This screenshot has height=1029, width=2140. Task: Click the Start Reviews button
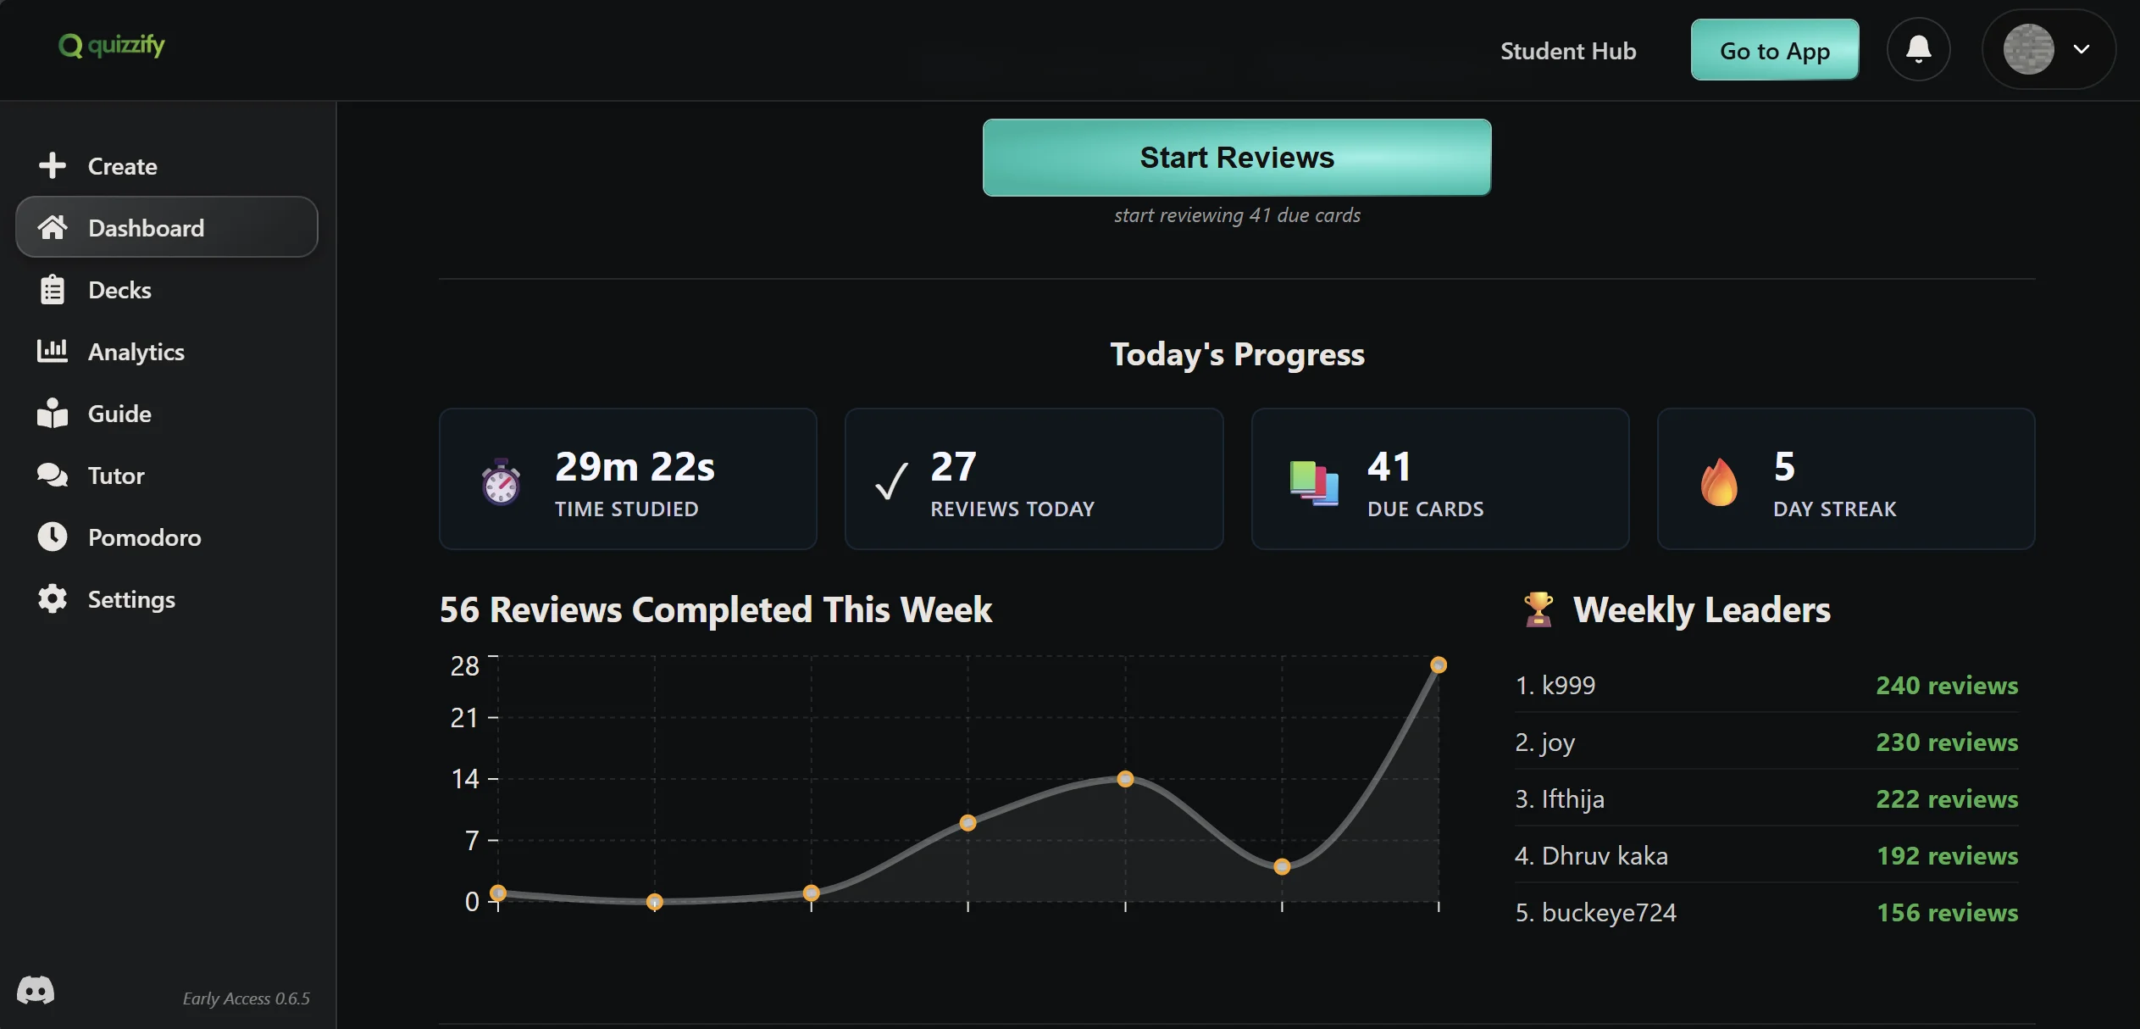(1236, 158)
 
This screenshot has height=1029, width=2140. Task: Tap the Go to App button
(1774, 50)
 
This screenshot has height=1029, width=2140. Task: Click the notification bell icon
(1918, 49)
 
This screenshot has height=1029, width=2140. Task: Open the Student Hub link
(1567, 51)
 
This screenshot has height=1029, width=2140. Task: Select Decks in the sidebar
(119, 290)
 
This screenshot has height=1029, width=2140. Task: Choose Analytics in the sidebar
(136, 352)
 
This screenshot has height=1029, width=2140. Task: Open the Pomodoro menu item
(144, 537)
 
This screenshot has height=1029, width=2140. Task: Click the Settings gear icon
(53, 599)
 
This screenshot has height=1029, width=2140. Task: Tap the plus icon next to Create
(53, 165)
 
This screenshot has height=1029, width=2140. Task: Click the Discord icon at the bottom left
(36, 989)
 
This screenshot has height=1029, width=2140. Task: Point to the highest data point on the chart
(1438, 665)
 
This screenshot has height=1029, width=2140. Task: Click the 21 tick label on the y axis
(464, 718)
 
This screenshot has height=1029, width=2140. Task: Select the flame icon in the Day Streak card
(1718, 482)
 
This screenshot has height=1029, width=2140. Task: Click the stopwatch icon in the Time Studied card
(501, 482)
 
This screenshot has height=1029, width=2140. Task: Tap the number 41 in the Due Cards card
(1389, 466)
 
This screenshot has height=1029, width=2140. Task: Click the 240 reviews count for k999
(1946, 685)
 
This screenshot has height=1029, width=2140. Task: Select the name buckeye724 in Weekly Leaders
(1608, 912)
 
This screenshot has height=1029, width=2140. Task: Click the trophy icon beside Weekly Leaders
(1538, 609)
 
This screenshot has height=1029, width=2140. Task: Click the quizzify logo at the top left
(112, 45)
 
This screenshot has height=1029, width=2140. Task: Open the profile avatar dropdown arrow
(2081, 49)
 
